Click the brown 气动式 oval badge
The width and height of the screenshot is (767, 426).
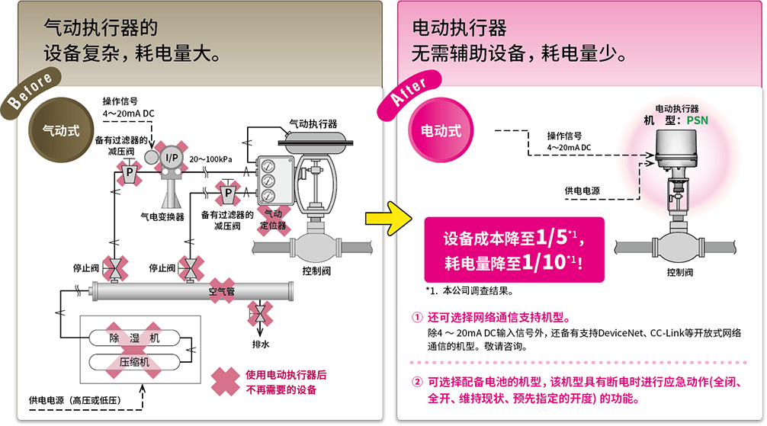61,130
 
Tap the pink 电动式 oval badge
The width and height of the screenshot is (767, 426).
441,130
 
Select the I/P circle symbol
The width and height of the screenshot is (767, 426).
172,157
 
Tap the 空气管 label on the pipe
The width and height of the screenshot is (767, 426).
222,291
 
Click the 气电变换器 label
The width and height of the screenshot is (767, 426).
163,216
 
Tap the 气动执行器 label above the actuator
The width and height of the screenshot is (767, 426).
313,123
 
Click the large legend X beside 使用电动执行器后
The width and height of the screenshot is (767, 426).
225,382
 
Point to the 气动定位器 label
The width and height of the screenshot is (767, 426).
272,219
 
